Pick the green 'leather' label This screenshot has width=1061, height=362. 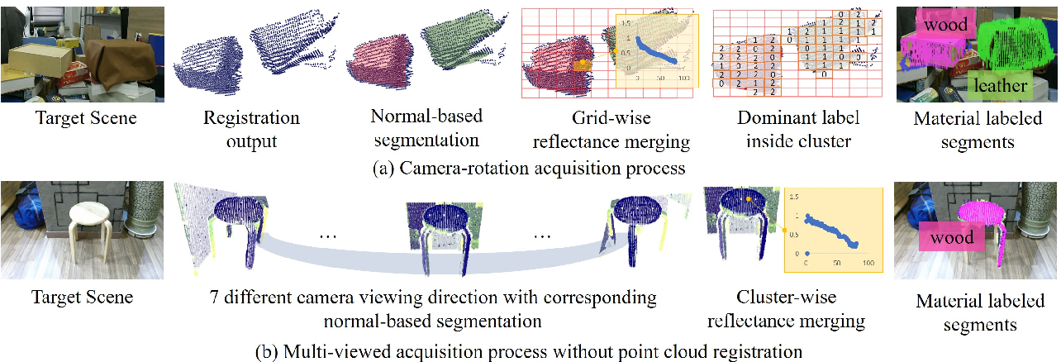click(x=999, y=84)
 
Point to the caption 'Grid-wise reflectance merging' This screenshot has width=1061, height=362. click(x=611, y=130)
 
